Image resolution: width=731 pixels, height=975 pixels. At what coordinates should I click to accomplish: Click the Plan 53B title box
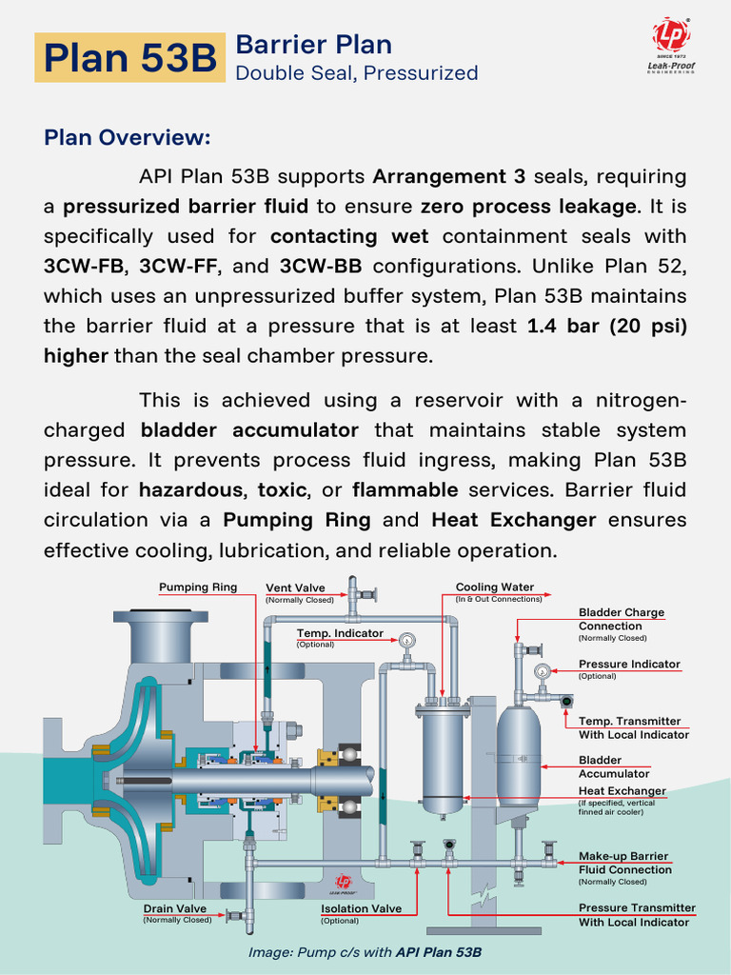[130, 58]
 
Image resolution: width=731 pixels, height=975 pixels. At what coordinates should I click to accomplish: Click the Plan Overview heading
[127, 137]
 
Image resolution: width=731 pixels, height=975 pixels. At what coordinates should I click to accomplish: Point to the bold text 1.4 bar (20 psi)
[606, 326]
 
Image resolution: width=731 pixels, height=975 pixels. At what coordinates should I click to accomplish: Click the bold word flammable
[405, 490]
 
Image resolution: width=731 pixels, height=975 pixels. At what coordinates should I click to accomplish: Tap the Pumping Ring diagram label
[197, 587]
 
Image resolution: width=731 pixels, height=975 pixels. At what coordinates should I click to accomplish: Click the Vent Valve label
[292, 588]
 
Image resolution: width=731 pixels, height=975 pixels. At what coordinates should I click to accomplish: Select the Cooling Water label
[494, 587]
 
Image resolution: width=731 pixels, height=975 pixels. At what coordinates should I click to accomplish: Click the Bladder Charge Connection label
[622, 619]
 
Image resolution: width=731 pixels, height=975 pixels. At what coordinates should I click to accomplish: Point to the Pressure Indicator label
[629, 664]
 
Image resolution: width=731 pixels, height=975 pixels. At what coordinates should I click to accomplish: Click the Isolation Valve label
[361, 909]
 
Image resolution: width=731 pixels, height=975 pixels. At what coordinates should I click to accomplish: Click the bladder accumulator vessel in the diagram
[519, 757]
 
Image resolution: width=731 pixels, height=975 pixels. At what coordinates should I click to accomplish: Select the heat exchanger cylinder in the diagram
[442, 757]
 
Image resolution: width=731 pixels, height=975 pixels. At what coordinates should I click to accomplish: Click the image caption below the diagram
[365, 952]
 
